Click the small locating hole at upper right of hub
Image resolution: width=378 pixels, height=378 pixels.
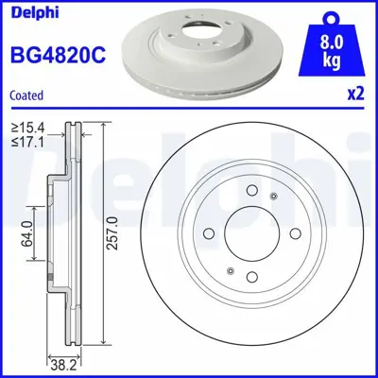(274, 197)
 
